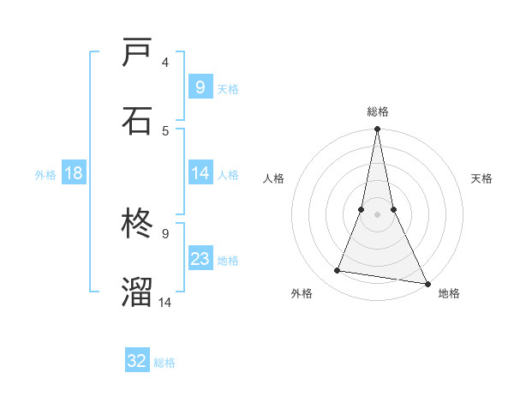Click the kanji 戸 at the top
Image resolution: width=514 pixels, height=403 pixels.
[137, 54]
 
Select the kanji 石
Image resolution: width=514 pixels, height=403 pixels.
[137, 121]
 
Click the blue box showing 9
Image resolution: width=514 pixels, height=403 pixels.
[200, 87]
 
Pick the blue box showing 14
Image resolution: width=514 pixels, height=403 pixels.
[200, 173]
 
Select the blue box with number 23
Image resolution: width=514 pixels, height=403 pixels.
[200, 260]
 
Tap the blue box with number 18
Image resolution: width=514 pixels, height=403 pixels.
[74, 173]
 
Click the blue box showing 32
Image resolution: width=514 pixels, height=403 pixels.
[137, 361]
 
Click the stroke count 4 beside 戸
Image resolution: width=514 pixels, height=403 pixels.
[165, 63]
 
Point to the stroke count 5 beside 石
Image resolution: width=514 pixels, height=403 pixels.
[165, 130]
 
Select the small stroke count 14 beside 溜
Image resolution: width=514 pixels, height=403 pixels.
[165, 301]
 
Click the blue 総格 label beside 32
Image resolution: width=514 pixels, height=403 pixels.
[164, 363]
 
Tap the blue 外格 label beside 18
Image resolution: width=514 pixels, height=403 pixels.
[45, 175]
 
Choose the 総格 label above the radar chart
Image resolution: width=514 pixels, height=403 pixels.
[377, 111]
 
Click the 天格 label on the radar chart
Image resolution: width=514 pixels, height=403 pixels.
[481, 178]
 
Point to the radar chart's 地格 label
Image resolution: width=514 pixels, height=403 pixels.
[449, 293]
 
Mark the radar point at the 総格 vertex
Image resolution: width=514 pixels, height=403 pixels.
[377, 129]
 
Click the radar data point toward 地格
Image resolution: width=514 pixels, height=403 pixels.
[427, 283]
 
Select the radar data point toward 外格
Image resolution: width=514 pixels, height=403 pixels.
[338, 271]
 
